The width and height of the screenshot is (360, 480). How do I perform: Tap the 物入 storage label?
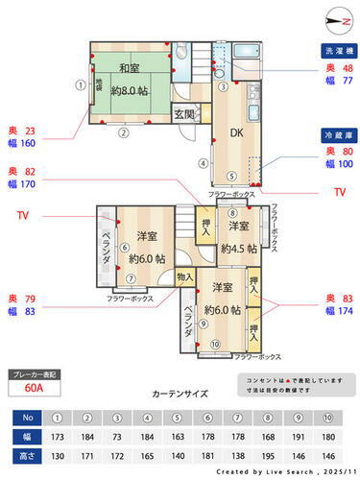pyautogui.click(x=185, y=277)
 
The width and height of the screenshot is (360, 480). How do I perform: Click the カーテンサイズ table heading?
pyautogui.click(x=179, y=394)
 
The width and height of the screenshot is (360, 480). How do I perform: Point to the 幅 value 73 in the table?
pyautogui.click(x=117, y=436)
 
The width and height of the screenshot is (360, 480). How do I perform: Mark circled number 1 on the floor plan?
pyautogui.click(x=81, y=84)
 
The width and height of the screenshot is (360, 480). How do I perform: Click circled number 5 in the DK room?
pyautogui.click(x=231, y=175)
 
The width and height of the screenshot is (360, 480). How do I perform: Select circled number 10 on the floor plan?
pyautogui.click(x=214, y=345)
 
